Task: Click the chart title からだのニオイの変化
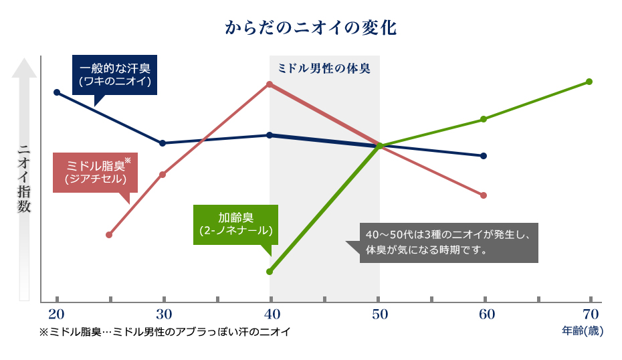(x=311, y=29)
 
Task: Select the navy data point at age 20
(x=56, y=92)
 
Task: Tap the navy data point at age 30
(x=163, y=143)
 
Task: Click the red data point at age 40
(x=270, y=84)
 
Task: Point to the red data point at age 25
(x=109, y=234)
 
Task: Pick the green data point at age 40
(x=270, y=271)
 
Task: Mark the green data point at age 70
(x=589, y=82)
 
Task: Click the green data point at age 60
(x=483, y=119)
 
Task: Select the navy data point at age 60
(x=483, y=155)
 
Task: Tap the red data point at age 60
(x=483, y=195)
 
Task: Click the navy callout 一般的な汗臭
(x=114, y=75)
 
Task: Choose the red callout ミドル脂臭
(x=95, y=173)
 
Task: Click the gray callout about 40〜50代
(x=449, y=243)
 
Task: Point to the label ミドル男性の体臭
(x=324, y=68)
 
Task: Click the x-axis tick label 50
(x=379, y=314)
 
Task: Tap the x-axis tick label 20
(x=56, y=314)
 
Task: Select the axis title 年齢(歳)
(x=583, y=331)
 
